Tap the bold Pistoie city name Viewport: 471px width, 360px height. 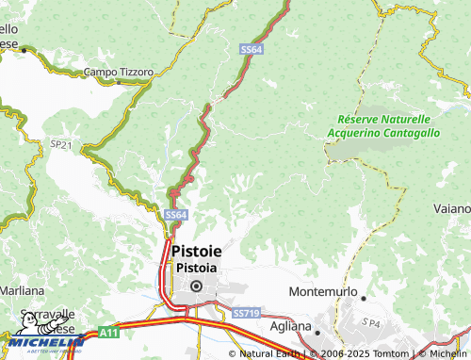click(199, 252)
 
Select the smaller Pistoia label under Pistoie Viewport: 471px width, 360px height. click(196, 267)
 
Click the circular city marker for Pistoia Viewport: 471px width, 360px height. click(196, 286)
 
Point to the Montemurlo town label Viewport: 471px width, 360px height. click(322, 293)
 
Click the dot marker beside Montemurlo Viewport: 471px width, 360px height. click(364, 298)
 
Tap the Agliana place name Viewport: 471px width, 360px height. click(290, 326)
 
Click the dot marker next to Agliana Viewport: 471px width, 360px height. click(317, 332)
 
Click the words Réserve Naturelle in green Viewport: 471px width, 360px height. click(384, 120)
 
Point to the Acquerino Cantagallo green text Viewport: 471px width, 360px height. click(383, 134)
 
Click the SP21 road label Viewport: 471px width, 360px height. click(60, 144)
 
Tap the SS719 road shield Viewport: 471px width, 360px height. click(245, 312)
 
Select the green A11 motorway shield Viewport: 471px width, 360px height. click(108, 334)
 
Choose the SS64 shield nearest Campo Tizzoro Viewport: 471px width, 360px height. click(251, 49)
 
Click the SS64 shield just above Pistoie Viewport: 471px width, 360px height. click(176, 215)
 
